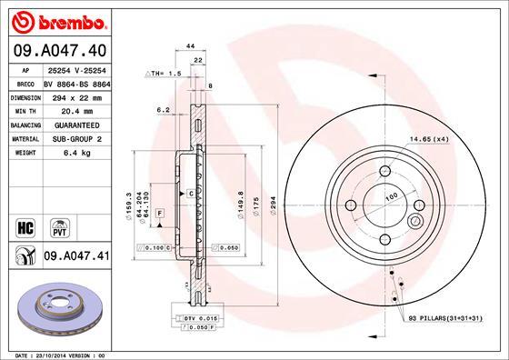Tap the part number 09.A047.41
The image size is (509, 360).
click(x=76, y=257)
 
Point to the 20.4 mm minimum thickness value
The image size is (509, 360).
click(x=62, y=110)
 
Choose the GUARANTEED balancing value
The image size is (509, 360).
click(x=71, y=125)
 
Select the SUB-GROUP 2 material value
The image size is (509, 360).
click(x=71, y=139)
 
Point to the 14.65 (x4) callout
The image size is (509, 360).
click(x=429, y=139)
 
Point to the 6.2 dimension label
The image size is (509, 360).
click(x=164, y=110)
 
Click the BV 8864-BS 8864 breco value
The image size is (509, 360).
click(x=77, y=81)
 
